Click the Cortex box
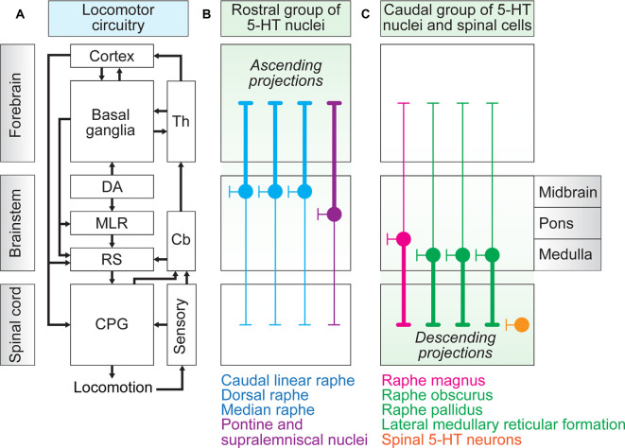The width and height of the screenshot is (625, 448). point(112,56)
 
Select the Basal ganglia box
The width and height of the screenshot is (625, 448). point(112,121)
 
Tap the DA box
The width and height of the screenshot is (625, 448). point(112,186)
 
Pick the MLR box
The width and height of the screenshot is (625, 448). point(112,223)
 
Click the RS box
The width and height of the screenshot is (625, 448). point(112,260)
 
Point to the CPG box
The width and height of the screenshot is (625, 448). point(112,324)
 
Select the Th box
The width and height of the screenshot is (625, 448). point(181,121)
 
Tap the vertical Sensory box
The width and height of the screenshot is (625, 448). point(182,324)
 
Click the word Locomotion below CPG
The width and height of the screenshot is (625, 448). point(113,388)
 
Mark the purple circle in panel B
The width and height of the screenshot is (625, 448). point(335,215)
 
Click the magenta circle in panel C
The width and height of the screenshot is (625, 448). point(404,239)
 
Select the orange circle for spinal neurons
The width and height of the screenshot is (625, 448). point(522,325)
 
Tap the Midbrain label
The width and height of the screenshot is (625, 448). point(567,192)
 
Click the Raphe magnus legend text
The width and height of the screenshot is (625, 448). point(433,381)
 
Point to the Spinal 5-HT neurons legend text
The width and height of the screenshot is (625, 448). point(452,439)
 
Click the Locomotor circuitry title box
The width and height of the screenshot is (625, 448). point(118,18)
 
